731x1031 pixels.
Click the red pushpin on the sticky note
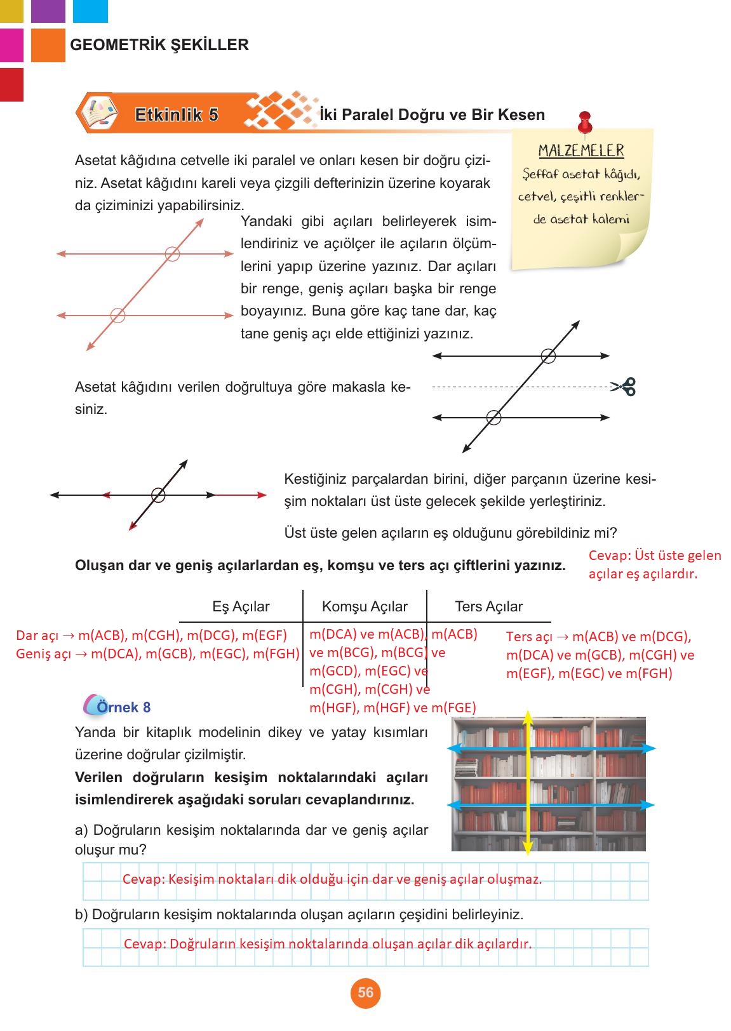(x=585, y=122)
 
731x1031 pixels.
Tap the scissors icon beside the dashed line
(x=625, y=386)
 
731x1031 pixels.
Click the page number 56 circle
(x=365, y=993)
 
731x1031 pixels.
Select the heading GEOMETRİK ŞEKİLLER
(x=159, y=45)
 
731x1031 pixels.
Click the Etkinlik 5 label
(x=177, y=115)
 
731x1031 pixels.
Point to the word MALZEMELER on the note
(x=581, y=150)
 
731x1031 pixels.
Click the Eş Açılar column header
(x=241, y=606)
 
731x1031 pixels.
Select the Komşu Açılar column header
(x=365, y=606)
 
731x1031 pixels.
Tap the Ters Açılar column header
(x=488, y=606)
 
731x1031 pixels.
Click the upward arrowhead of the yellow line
(x=527, y=717)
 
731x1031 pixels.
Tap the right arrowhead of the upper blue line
(x=648, y=748)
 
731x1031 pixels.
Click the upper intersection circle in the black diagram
(x=548, y=356)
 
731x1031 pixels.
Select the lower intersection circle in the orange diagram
(x=117, y=315)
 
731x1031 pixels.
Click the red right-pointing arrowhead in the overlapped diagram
(x=261, y=495)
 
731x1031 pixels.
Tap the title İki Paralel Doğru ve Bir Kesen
(x=433, y=115)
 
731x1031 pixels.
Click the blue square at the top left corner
(x=90, y=11)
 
